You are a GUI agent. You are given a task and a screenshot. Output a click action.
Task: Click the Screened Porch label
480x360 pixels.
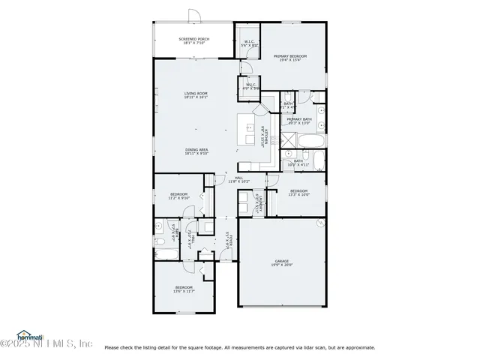click(193, 41)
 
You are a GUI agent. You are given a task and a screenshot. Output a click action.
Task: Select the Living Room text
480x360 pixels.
click(196, 95)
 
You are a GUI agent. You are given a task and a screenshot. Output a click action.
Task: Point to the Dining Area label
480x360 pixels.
click(196, 151)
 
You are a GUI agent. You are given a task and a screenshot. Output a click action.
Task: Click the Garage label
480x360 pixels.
click(282, 263)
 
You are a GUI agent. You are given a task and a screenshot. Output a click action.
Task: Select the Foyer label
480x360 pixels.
click(228, 240)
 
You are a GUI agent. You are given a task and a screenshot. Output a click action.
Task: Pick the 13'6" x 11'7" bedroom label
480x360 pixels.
click(184, 289)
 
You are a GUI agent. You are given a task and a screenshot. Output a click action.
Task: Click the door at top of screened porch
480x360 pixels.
click(193, 16)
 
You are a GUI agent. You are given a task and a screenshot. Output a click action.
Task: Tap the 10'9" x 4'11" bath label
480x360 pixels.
click(298, 163)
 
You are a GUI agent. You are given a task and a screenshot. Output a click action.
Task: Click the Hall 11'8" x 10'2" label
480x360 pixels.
click(238, 179)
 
